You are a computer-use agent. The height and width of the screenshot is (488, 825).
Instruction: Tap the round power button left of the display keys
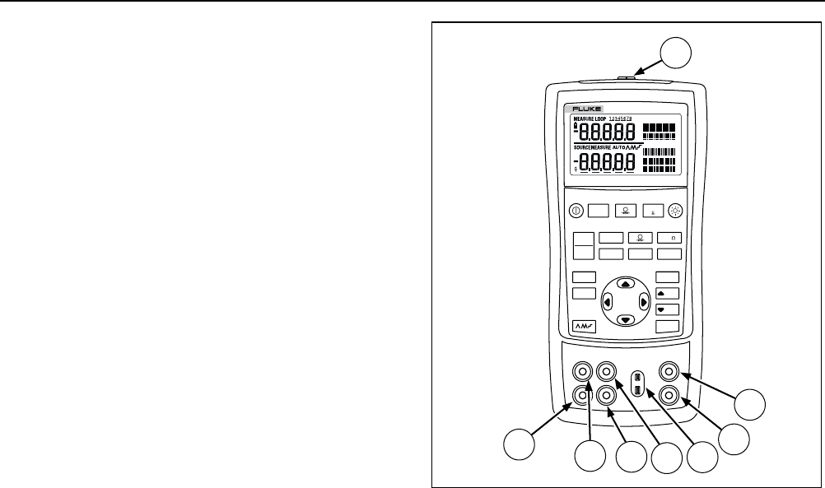pyautogui.click(x=576, y=210)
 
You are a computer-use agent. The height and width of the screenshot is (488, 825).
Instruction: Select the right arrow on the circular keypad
pyautogui.click(x=644, y=301)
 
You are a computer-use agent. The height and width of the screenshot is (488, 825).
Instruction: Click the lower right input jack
pyautogui.click(x=667, y=395)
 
